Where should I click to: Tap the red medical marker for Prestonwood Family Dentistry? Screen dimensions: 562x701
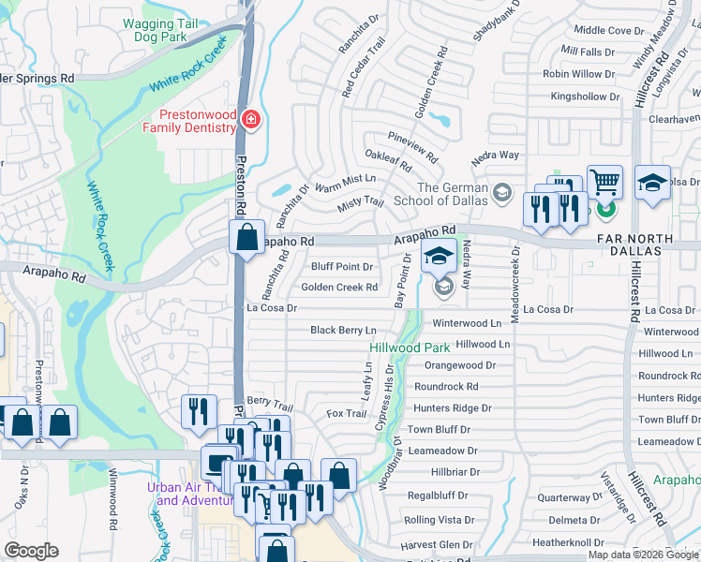pyautogui.click(x=250, y=119)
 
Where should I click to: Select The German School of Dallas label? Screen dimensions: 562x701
pyautogui.click(x=453, y=194)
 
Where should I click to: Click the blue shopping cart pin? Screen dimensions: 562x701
pyautogui.click(x=604, y=183)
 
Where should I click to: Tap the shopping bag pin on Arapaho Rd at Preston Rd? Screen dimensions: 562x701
pyautogui.click(x=246, y=238)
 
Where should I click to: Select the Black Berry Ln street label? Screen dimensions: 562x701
pyautogui.click(x=343, y=330)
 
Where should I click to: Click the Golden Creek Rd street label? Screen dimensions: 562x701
pyautogui.click(x=339, y=288)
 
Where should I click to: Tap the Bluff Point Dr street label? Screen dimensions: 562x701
pyautogui.click(x=342, y=267)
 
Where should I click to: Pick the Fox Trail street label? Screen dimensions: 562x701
pyautogui.click(x=346, y=413)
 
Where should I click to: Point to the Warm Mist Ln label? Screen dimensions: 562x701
pyautogui.click(x=344, y=181)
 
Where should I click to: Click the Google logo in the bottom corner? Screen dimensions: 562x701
pyautogui.click(x=31, y=551)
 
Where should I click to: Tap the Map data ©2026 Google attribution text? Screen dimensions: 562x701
pyautogui.click(x=644, y=555)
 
